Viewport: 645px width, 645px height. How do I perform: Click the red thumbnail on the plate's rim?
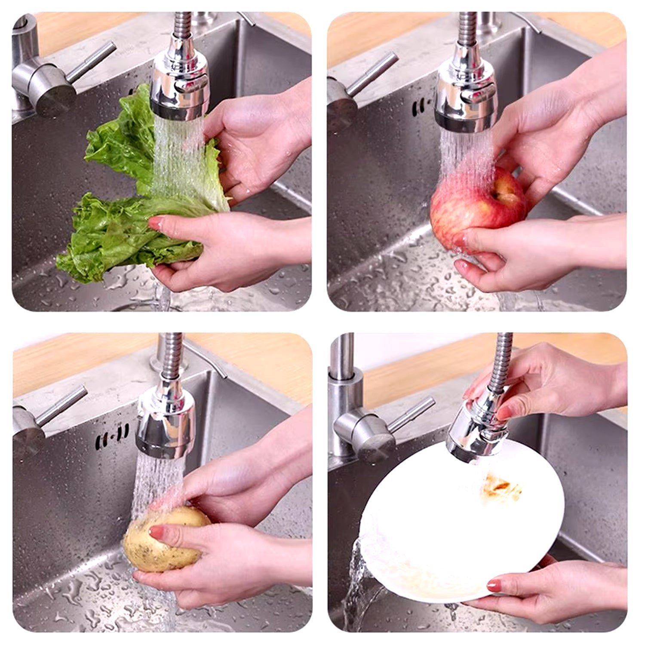[494, 584]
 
